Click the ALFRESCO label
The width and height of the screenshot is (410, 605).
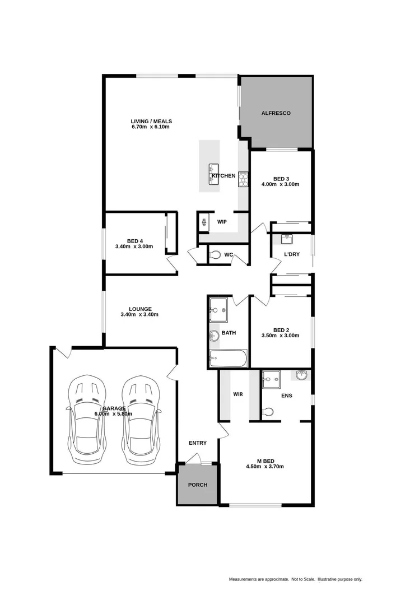point(276,113)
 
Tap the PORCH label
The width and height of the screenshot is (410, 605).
point(198,485)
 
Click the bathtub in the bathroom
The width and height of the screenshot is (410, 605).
point(227,359)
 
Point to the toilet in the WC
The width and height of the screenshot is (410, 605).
point(215,255)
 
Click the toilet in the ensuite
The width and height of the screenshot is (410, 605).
point(268,412)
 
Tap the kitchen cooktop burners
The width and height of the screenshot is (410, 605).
point(244,179)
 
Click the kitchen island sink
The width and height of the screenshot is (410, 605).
point(213,169)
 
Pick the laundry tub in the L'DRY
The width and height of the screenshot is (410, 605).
point(287,239)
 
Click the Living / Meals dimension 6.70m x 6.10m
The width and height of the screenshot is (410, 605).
point(151,127)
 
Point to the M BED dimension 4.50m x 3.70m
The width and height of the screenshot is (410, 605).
point(267,466)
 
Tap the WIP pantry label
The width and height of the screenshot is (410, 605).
point(222,222)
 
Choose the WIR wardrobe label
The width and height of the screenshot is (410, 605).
point(238,394)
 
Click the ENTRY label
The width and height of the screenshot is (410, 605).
point(197,443)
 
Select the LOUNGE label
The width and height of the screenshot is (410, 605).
point(140,309)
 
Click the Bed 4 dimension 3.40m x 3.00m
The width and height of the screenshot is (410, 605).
point(134,246)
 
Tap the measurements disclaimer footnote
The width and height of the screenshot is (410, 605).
point(295,579)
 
